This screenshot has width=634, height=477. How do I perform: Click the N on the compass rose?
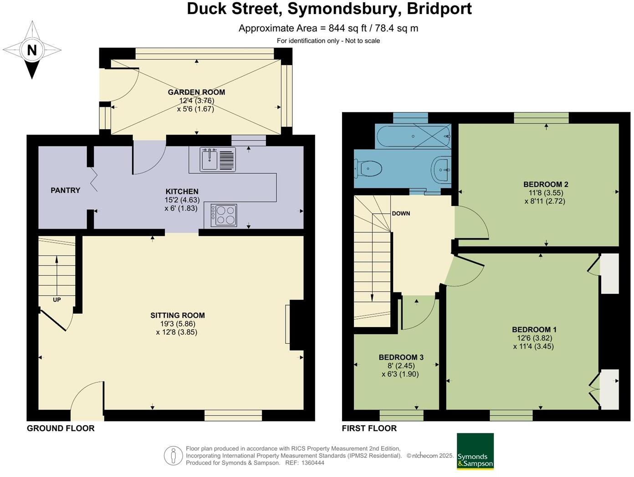(32, 50)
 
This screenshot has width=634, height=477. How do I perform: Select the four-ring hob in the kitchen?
(224, 215)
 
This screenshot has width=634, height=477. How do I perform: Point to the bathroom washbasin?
(440, 170)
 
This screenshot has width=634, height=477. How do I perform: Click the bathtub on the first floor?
(412, 136)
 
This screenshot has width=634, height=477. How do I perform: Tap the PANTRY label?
(65, 190)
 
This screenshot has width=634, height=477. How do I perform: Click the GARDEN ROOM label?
(196, 92)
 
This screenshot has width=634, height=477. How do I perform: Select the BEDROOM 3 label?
(401, 357)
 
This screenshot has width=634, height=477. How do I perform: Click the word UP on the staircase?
(57, 300)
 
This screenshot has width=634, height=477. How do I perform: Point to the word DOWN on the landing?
(401, 213)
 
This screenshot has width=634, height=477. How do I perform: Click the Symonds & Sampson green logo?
(475, 451)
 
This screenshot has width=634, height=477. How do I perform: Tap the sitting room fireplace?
(295, 325)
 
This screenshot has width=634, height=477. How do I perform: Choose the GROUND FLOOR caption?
(61, 428)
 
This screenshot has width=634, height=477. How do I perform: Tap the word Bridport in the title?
(439, 9)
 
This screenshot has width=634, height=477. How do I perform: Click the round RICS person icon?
(173, 455)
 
